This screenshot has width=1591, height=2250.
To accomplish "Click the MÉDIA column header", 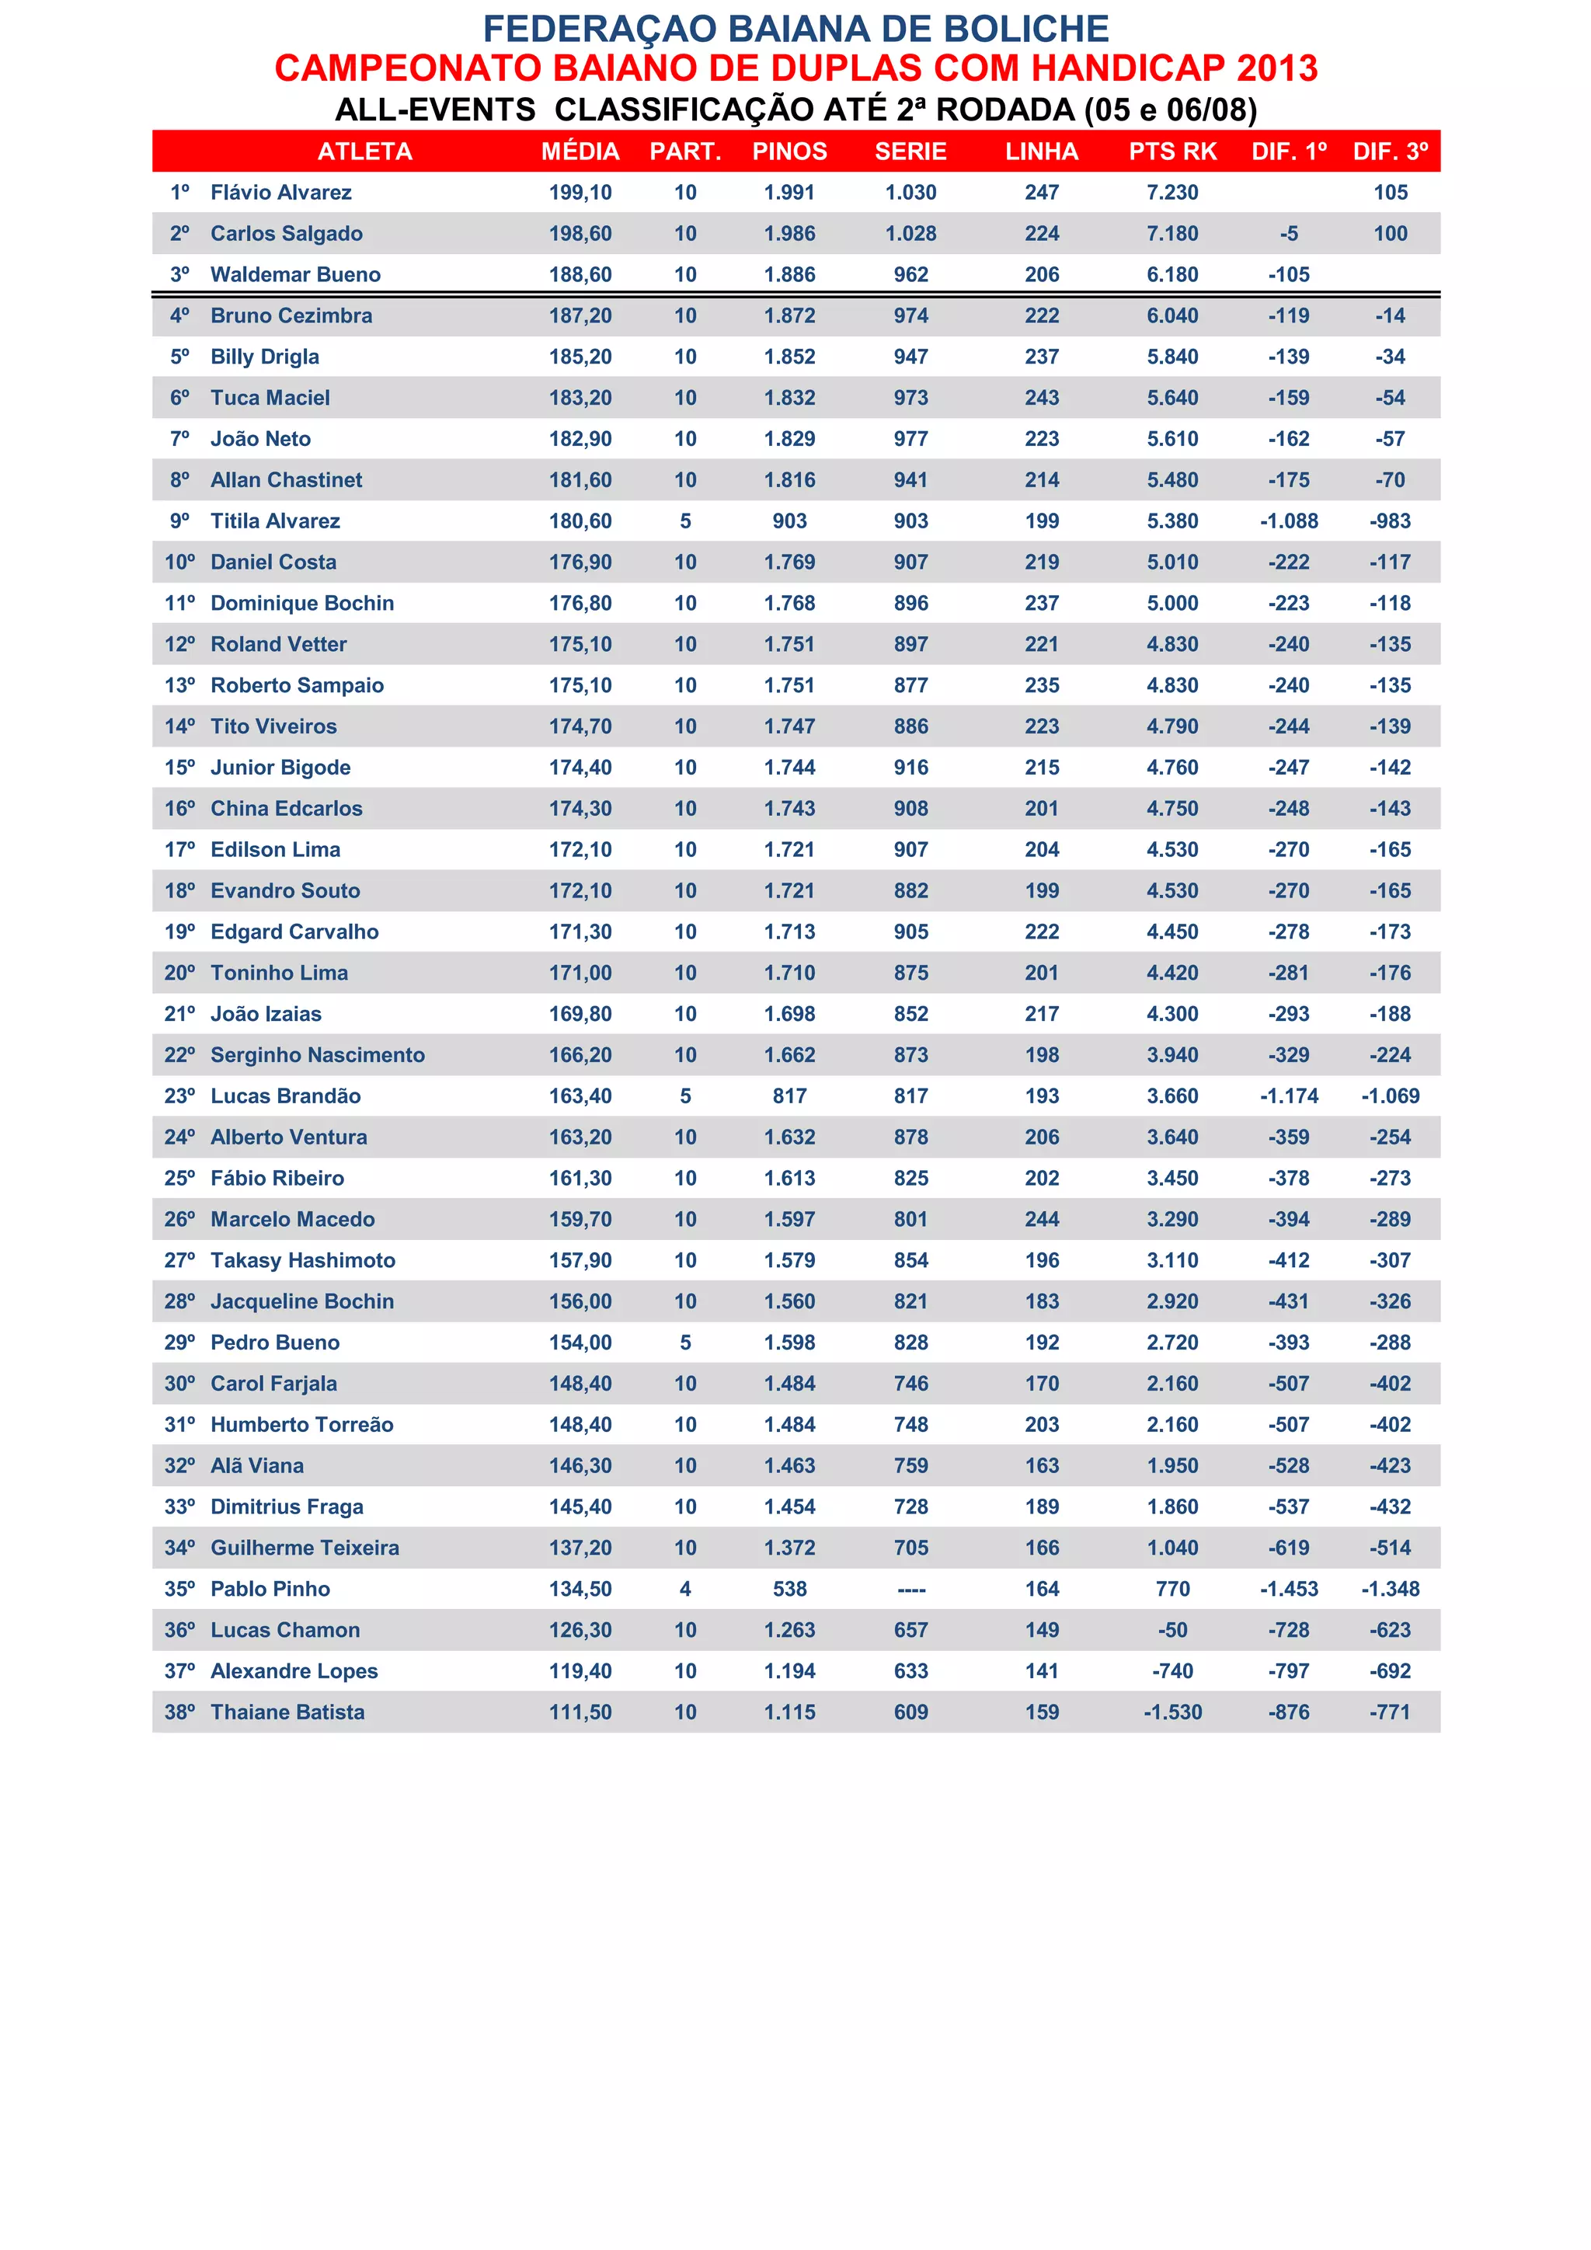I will (x=580, y=152).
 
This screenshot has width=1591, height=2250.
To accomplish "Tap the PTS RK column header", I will (x=1173, y=152).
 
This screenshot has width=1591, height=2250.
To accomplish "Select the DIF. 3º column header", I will (x=1390, y=152).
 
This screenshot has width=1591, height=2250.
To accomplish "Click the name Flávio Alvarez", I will (x=281, y=193).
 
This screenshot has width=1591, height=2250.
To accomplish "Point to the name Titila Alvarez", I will (x=275, y=521).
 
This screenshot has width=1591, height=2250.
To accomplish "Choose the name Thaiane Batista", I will (x=287, y=1712).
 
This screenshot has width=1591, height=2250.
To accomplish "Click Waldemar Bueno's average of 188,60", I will (x=580, y=275).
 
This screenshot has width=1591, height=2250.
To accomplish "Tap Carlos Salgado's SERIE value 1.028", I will (x=910, y=234).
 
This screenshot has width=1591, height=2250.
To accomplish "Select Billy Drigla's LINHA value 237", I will (x=1042, y=357).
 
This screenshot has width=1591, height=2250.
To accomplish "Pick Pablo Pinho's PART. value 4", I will (x=684, y=1589).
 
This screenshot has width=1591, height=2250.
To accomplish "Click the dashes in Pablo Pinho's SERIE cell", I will (x=911, y=1590).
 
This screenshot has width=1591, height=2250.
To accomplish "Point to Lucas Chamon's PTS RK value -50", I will (x=1173, y=1630).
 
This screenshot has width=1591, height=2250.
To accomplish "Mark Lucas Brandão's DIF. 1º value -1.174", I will (x=1288, y=1096).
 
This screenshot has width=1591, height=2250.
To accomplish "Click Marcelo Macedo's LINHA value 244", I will (x=1042, y=1220).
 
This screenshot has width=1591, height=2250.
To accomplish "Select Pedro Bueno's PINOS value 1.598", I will (x=789, y=1343).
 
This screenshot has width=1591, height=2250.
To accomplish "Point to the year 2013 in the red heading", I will (x=1276, y=68).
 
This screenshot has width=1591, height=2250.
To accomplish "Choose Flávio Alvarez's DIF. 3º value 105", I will (x=1390, y=193).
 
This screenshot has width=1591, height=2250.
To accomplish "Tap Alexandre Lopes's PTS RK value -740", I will (x=1173, y=1671).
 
